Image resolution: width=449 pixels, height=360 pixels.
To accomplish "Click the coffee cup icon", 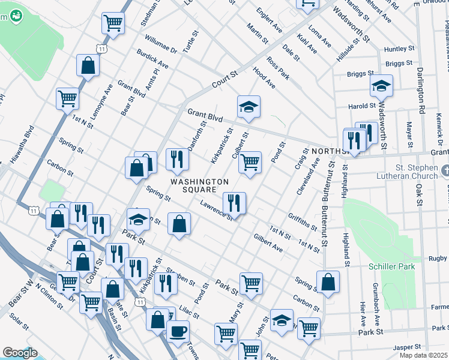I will [x=178, y=331].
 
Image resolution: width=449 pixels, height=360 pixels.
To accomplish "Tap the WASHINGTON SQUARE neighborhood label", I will [x=199, y=186].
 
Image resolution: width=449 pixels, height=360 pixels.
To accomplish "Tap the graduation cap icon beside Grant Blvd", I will [x=249, y=107].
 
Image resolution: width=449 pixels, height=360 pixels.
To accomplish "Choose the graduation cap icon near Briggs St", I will [x=381, y=86].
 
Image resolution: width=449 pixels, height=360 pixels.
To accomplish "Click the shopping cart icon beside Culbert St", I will [x=250, y=162].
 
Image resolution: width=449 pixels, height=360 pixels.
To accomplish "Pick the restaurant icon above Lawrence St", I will [x=234, y=203].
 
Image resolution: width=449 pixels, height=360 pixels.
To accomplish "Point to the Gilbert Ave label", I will [x=268, y=242].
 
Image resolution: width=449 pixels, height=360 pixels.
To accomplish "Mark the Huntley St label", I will [x=399, y=49].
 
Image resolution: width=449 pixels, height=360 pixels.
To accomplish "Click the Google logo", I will [x=20, y=353].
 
